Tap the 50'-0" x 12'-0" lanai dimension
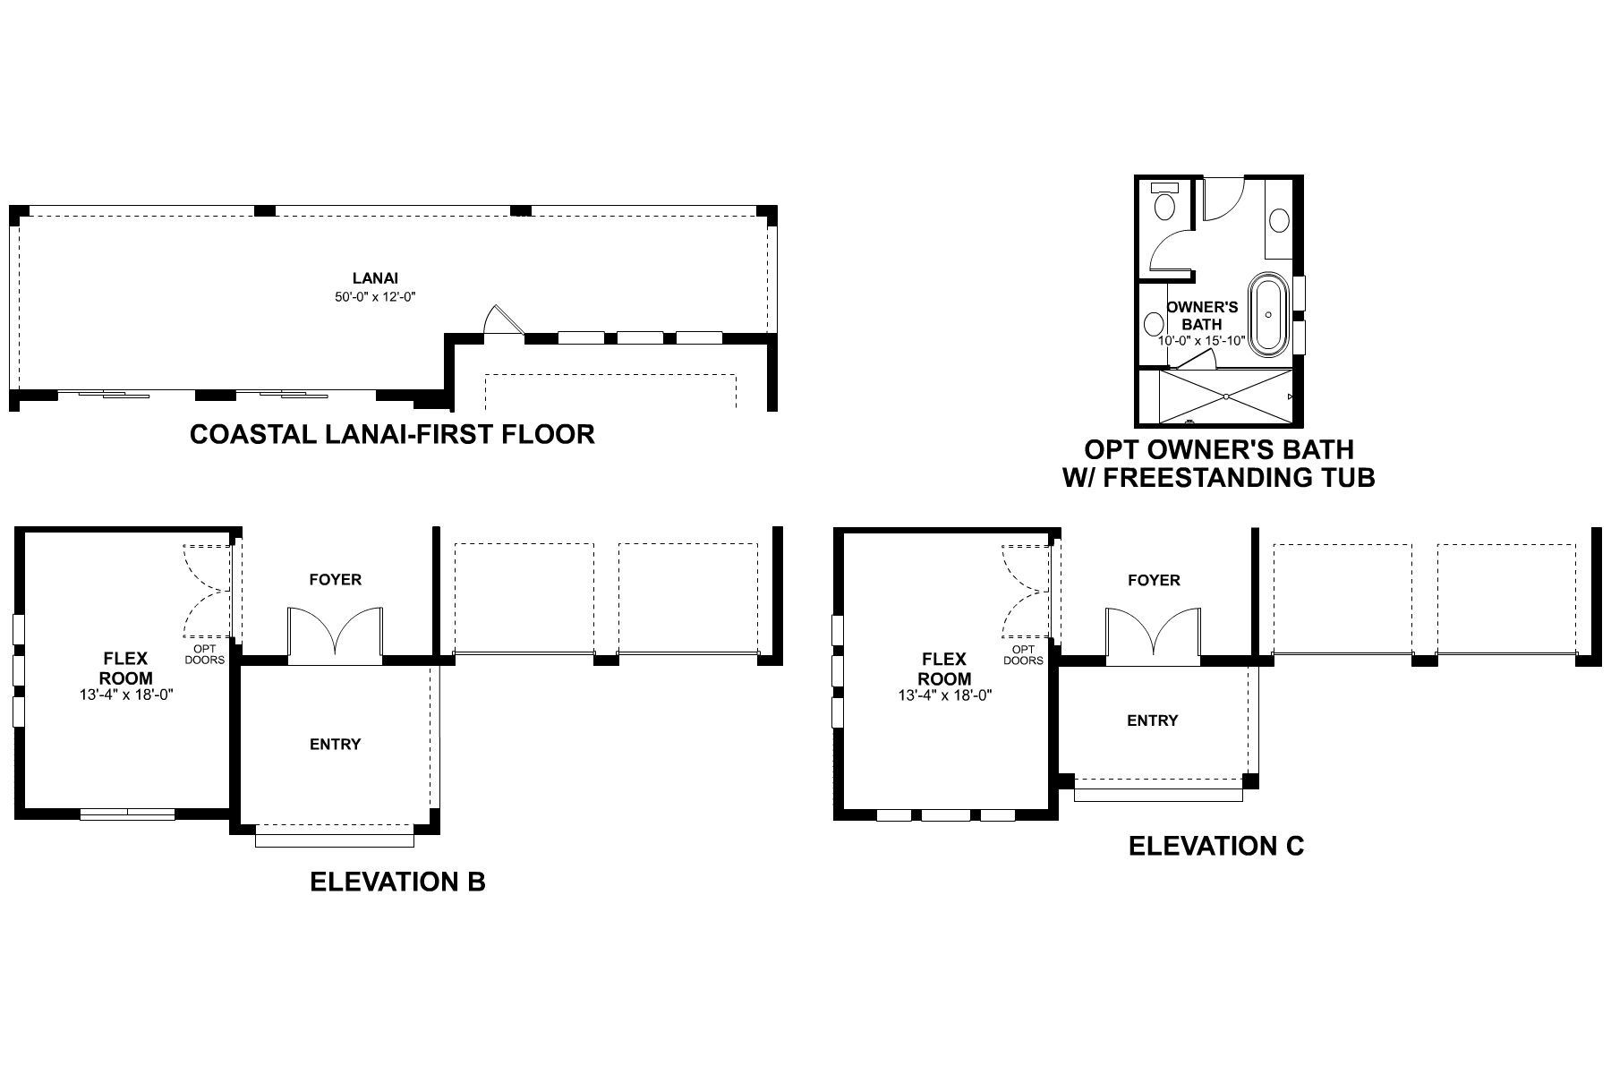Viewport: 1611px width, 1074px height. [375, 296]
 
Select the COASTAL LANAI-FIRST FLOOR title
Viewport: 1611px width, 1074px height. [392, 434]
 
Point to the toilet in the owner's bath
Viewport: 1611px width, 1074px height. [1165, 204]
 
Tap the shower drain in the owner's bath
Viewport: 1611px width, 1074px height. [1225, 396]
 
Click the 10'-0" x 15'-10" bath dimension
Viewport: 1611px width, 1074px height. [1201, 341]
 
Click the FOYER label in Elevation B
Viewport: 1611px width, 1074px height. [336, 580]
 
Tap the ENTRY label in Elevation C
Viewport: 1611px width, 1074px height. [1152, 720]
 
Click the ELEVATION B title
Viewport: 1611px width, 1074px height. [397, 882]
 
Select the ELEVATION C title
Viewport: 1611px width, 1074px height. [1216, 846]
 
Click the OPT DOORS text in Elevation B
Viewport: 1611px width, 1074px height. [205, 654]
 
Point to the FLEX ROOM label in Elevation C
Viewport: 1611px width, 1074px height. [944, 669]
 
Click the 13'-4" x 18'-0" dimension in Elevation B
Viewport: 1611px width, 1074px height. [125, 694]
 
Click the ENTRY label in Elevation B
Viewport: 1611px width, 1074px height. [335, 745]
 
